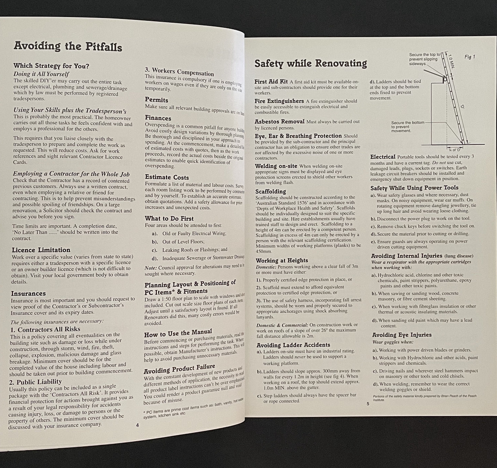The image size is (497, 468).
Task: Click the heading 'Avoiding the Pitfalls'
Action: pyautogui.click(x=68, y=46)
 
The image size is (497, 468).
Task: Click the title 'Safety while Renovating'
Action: pyautogui.click(x=311, y=63)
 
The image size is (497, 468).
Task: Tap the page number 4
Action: pyautogui.click(x=137, y=425)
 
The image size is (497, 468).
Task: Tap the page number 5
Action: pyautogui.click(x=368, y=404)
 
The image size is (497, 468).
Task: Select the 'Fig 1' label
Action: pyautogui.click(x=469, y=57)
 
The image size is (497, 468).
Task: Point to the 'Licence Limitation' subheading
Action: pyautogui.click(x=41, y=250)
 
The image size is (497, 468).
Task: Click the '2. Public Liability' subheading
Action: pyautogui.click(x=35, y=382)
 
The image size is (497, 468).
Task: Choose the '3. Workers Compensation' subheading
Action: pyautogui.click(x=179, y=72)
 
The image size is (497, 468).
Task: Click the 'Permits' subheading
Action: pyautogui.click(x=156, y=100)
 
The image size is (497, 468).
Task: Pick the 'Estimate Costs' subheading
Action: pyautogui.click(x=167, y=177)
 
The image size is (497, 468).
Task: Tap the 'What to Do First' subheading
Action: pyautogui.click(x=169, y=219)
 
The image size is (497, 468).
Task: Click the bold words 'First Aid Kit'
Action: pyautogui.click(x=271, y=82)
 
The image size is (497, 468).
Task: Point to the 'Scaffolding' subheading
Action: pyautogui.click(x=271, y=191)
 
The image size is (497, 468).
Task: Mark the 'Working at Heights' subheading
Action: pyautogui.click(x=282, y=260)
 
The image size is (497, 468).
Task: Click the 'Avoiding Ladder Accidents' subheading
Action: pyautogui.click(x=293, y=345)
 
